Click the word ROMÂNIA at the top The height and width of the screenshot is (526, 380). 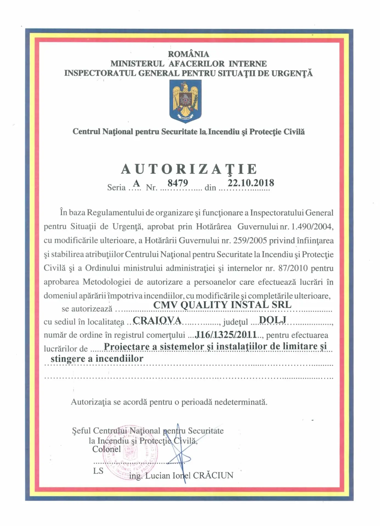coord(188,54)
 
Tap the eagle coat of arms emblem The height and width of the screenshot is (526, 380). coord(185,101)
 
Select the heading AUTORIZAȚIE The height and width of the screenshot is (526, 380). coord(189,169)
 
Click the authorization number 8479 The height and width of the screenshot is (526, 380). coord(178,183)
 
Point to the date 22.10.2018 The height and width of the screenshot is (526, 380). coord(251,183)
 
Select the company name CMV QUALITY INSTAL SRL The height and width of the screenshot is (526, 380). coord(222,305)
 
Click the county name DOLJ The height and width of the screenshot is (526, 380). coord(272,319)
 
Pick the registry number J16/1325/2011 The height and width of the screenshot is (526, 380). coord(226,334)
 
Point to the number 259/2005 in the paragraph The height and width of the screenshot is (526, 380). coord(250,241)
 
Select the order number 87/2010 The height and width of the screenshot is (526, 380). coord(293,268)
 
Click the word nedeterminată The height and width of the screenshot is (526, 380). coord(241,402)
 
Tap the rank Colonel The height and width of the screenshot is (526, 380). coord(106,449)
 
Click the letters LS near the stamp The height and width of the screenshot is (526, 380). coord(98,471)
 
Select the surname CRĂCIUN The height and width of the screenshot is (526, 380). coord(213,475)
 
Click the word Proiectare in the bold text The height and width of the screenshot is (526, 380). coord(127,347)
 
